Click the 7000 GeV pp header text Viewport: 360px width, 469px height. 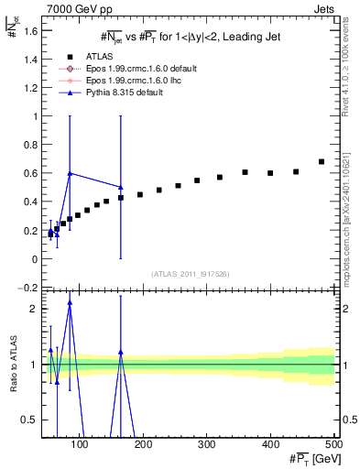78,7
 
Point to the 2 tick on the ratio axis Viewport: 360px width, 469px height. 35,309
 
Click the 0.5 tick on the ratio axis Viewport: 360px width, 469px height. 31,420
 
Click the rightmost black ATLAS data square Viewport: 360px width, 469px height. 321,162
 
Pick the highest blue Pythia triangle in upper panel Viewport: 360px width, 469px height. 70,173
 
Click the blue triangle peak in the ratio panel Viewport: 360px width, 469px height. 70,302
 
